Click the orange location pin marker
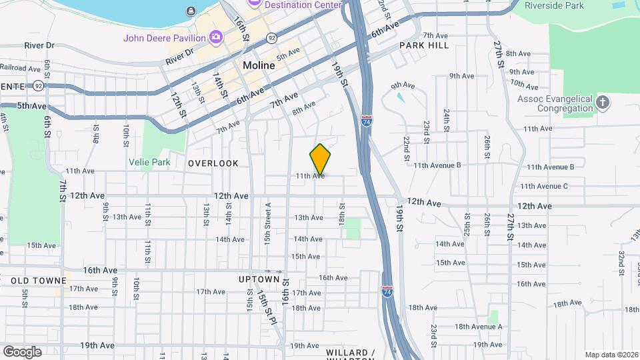pos(320,159)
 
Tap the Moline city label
pos(259,65)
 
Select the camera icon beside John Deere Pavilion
pos(215,37)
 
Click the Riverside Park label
pos(555,5)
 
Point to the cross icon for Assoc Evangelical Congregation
pos(603,103)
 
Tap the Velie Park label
pos(150,162)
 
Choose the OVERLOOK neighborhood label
pos(213,163)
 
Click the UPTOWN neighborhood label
pos(259,279)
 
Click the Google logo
pos(22,351)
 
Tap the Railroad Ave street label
pos(21,67)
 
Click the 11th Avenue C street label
pos(543,186)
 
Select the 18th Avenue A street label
pos(478,327)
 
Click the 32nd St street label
pos(621,259)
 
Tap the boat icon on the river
pos(191,10)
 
